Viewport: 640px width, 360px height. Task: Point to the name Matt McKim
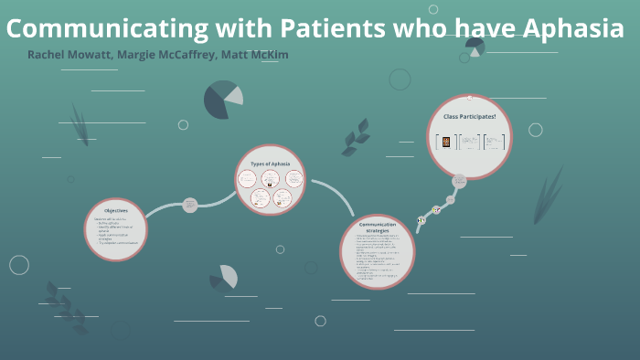[255, 55]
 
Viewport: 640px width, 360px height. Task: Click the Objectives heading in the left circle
[115, 211]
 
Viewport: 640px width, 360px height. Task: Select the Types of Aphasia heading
[270, 164]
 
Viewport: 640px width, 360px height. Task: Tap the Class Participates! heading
[469, 117]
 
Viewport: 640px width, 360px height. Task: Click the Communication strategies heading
[377, 227]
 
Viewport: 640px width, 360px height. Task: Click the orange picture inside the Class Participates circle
[446, 143]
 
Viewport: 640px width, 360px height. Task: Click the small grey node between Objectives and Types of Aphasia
[190, 205]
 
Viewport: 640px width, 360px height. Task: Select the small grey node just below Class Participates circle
[460, 182]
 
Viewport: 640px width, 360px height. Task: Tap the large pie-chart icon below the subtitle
[222, 100]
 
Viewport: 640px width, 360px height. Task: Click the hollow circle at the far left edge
[19, 265]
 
